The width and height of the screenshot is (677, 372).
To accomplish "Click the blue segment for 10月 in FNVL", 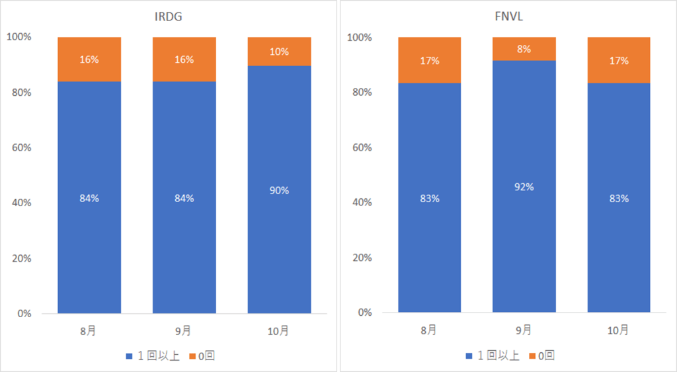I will pos(619,251).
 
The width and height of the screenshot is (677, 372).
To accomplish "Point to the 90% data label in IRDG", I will pos(279,190).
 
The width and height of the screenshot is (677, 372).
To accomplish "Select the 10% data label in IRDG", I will pos(279,52).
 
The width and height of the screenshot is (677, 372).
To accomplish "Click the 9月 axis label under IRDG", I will pos(184,329).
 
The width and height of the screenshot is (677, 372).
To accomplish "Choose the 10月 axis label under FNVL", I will pos(619,329).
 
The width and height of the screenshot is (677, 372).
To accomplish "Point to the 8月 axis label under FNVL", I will pos(429,329).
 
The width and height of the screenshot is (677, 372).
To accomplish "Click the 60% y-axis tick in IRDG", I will pos(21,147).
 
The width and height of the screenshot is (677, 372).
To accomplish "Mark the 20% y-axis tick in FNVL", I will pos(362,258).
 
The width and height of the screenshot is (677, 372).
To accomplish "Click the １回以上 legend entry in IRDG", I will pos(153,356).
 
